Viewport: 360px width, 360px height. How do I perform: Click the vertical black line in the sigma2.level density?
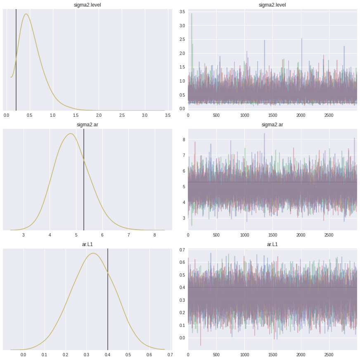[16, 62]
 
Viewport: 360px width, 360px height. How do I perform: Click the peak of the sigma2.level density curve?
[26, 14]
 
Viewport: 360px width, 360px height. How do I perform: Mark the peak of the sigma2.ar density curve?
[71, 134]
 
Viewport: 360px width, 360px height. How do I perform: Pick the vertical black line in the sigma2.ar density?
[84, 182]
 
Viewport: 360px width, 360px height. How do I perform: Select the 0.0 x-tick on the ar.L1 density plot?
[24, 355]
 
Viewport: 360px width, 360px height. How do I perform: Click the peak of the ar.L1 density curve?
[93, 253]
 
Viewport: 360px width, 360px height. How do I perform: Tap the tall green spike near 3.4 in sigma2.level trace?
[192, 14]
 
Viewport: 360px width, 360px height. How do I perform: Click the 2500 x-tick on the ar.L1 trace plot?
[329, 355]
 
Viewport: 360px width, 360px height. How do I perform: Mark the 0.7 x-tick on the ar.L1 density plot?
[170, 355]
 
